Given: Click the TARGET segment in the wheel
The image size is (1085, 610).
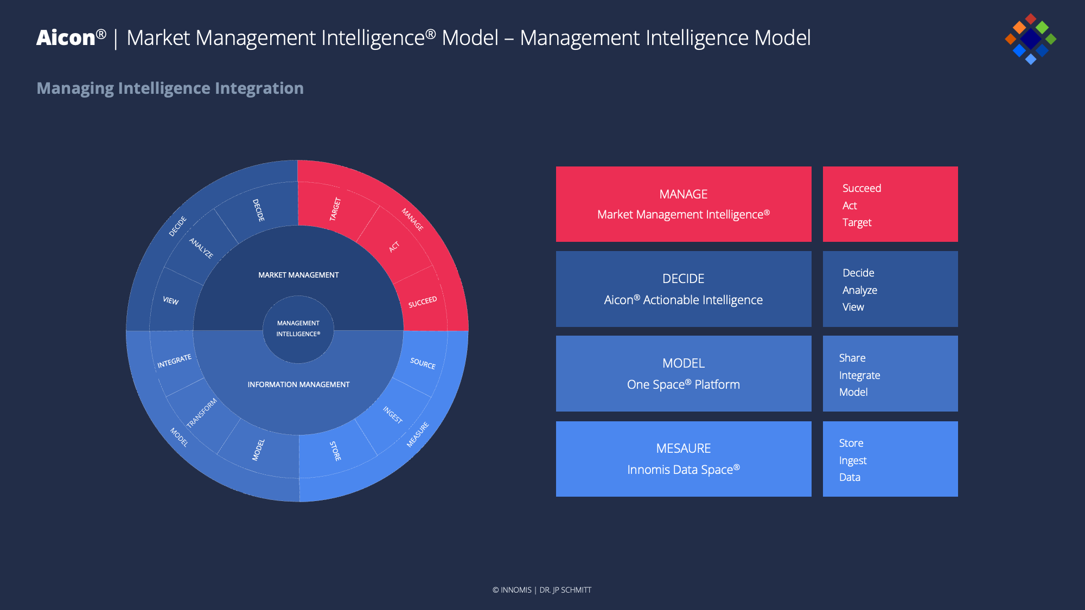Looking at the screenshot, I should tap(335, 209).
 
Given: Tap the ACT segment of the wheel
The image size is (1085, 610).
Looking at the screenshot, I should tap(394, 247).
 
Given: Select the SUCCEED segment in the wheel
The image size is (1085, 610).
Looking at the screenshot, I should tap(422, 302).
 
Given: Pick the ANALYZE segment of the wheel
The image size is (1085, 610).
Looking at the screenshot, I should tap(201, 248).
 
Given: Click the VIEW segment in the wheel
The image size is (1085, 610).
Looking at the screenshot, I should tap(171, 300).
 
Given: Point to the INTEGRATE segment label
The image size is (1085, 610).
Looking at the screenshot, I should tap(174, 361).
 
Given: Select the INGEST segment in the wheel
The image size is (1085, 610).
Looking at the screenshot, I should tap(393, 415).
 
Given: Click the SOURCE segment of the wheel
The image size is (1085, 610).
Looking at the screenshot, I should tap(423, 363).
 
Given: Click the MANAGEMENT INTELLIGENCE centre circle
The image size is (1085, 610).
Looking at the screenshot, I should tap(298, 329).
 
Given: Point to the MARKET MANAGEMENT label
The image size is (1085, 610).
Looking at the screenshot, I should tap(298, 275).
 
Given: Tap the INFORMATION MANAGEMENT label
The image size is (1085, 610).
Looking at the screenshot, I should tap(298, 384).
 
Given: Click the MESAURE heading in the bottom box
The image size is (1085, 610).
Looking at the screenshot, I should tap(683, 448).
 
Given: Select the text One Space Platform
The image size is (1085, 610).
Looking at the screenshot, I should tap(683, 384).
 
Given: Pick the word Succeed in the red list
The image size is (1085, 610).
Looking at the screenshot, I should tap(861, 188).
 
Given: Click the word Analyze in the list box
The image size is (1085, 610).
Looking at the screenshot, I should tap(859, 290).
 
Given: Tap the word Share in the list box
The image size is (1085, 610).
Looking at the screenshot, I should tap(852, 358).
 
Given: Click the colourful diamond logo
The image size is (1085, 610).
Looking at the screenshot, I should tap(1030, 39).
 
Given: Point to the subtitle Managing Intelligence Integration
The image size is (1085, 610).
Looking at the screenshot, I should tap(170, 88).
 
